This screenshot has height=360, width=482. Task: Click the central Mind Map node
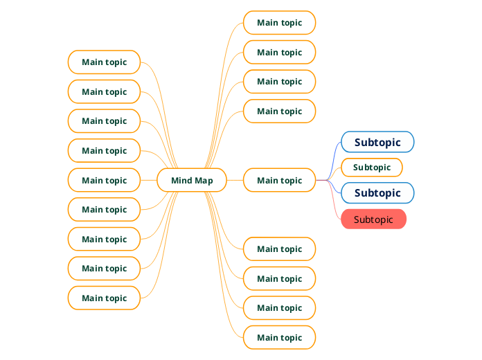click(192, 180)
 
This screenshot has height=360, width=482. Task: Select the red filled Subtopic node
click(373, 219)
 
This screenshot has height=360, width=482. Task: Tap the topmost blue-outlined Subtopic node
click(377, 142)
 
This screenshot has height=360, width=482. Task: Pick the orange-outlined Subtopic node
click(372, 168)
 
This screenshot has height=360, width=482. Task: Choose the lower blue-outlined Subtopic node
click(377, 192)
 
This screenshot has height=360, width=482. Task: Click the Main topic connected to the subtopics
click(279, 180)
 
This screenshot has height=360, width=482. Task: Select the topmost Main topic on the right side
click(279, 23)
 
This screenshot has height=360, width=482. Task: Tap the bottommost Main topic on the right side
click(279, 337)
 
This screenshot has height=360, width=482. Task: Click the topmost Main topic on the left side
click(104, 62)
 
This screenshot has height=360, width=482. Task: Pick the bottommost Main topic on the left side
click(104, 298)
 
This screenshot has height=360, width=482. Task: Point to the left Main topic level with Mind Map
click(104, 180)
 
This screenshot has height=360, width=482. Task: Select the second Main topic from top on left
click(104, 91)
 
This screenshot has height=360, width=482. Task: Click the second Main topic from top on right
click(279, 52)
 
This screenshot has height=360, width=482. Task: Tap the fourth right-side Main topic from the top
click(279, 111)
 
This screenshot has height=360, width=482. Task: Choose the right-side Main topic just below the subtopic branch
click(279, 249)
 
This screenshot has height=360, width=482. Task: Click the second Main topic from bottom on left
click(104, 268)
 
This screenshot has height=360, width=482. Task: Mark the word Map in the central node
click(204, 181)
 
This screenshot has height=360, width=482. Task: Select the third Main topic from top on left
click(104, 120)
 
